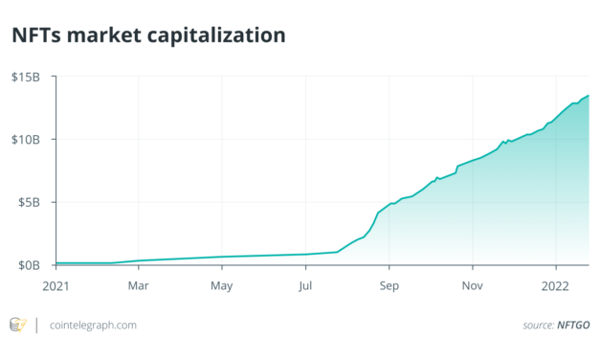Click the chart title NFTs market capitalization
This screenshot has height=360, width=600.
[147, 36]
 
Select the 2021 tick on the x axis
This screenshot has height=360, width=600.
[56, 284]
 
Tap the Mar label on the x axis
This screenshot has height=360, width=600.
[139, 284]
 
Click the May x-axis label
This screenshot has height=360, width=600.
[221, 284]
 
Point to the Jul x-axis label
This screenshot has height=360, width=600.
[305, 284]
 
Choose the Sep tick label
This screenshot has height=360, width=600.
[389, 284]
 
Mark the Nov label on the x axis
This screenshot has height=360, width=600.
[472, 284]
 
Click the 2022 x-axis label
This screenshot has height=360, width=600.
[556, 284]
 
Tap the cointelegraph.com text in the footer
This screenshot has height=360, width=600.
[92, 326]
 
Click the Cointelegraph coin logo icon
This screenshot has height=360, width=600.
[17, 326]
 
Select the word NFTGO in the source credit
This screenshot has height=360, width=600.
[573, 326]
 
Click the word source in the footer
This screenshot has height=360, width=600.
[537, 326]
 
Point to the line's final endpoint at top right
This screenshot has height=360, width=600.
[588, 95]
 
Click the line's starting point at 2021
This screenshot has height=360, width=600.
[56, 262]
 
